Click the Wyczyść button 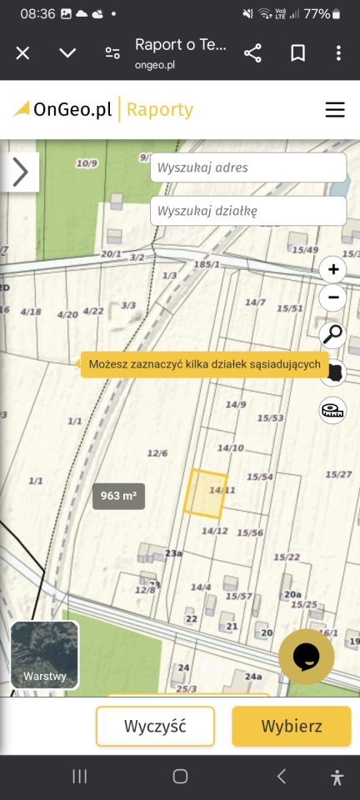tap(155, 726)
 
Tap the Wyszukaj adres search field tap(247, 167)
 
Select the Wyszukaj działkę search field tap(247, 211)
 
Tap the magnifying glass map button tap(332, 334)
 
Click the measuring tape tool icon tap(332, 410)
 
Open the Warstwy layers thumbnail tap(45, 655)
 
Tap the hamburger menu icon tap(335, 109)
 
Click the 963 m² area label tap(118, 496)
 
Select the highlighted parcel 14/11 tap(204, 493)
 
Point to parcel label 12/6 tap(157, 453)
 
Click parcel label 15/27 tap(338, 474)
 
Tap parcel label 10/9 tap(87, 163)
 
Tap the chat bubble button tap(306, 656)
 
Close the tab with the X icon tap(22, 53)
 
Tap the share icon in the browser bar tap(252, 53)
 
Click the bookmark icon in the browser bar tap(297, 53)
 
